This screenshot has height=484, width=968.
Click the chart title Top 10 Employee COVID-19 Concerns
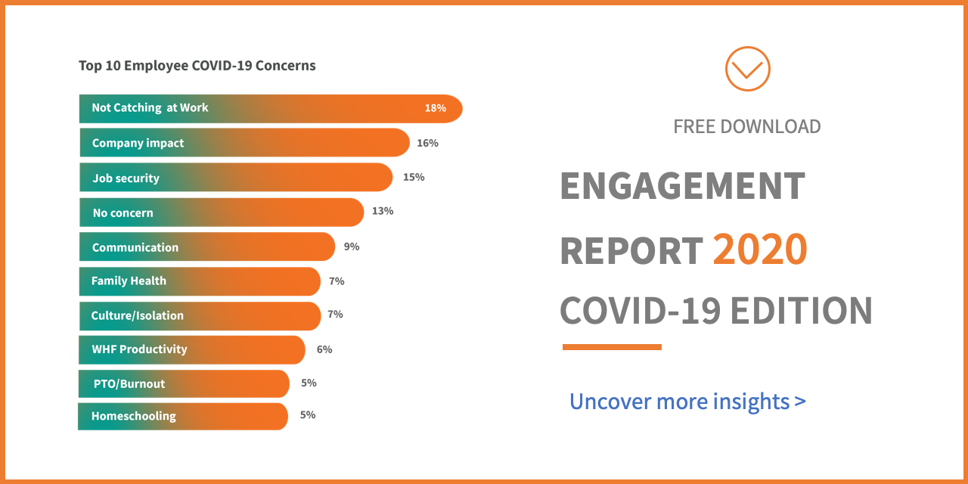click(x=197, y=66)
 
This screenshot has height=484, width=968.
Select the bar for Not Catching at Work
click(x=270, y=108)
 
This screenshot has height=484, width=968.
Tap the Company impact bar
click(x=244, y=143)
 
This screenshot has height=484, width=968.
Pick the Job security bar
click(x=235, y=178)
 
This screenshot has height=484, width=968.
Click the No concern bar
click(x=221, y=213)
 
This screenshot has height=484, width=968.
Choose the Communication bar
click(x=206, y=247)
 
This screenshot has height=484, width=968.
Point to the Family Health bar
click(x=200, y=281)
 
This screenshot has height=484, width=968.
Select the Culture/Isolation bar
click(x=200, y=315)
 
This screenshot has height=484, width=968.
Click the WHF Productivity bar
click(x=192, y=349)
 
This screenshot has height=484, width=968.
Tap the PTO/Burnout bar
click(x=184, y=383)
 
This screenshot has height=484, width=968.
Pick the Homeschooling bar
click(x=183, y=416)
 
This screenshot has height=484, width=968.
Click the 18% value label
click(x=435, y=108)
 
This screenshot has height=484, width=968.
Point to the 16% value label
click(x=427, y=143)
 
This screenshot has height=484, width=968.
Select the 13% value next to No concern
click(x=383, y=211)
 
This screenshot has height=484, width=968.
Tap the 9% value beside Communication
click(x=351, y=247)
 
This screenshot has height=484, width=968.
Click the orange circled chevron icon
click(x=747, y=70)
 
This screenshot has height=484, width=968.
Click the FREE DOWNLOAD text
click(x=746, y=126)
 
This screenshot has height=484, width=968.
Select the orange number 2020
click(x=760, y=250)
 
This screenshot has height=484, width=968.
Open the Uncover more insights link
click(x=687, y=401)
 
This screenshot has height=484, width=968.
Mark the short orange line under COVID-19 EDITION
click(x=612, y=347)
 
